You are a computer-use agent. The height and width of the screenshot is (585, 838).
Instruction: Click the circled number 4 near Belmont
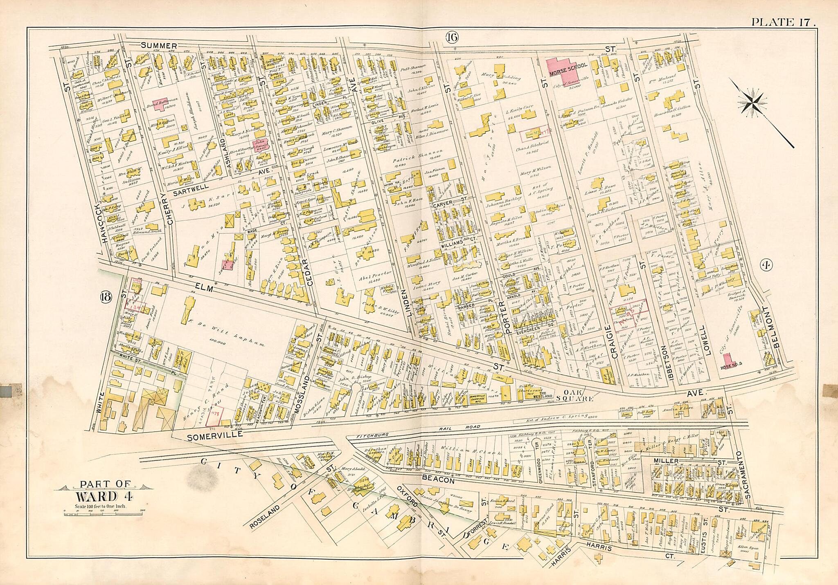coord(766,265)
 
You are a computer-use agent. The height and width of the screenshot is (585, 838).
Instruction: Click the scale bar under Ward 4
coord(97,511)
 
